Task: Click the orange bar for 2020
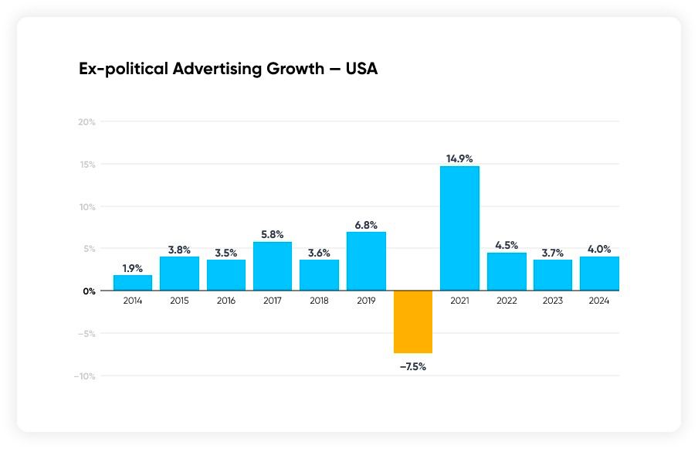[x=413, y=321]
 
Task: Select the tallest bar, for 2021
[x=459, y=229]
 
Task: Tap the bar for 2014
[x=133, y=283]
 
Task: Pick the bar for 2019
[x=366, y=261]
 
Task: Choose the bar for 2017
[x=273, y=266]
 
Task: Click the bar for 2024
[x=599, y=274]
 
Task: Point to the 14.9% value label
[x=459, y=158]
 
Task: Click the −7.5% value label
[x=413, y=366]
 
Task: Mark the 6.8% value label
[x=366, y=225]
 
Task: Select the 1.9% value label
[x=133, y=268]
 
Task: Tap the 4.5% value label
[x=507, y=246]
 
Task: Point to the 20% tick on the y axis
[x=86, y=122]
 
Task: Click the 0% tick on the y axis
[x=89, y=291]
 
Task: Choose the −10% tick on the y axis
[x=84, y=376]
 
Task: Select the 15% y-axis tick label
[x=86, y=165]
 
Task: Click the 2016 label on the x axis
[x=226, y=301]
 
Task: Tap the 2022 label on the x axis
[x=507, y=301]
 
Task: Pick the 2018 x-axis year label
[x=320, y=301]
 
